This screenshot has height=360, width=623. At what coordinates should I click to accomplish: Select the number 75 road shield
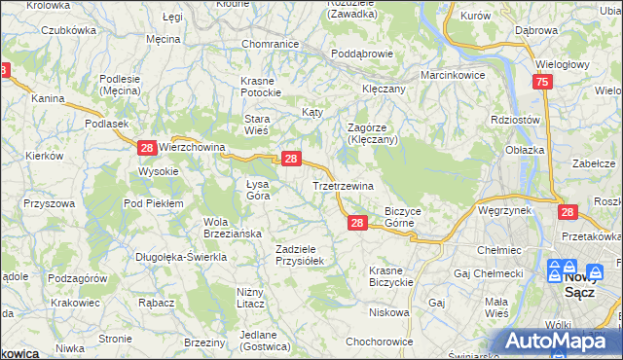(x=543, y=84)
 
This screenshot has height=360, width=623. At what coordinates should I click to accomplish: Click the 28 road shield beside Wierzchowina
(x=146, y=148)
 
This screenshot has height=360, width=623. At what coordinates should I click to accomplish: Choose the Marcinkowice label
(x=452, y=74)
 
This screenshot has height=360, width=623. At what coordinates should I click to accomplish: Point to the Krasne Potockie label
(x=260, y=86)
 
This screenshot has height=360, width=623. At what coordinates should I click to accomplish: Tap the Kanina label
(x=48, y=98)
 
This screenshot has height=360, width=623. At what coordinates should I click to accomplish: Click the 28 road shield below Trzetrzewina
(x=356, y=224)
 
